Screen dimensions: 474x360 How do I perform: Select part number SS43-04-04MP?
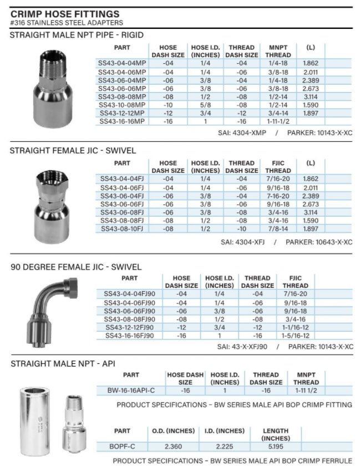point(122,64)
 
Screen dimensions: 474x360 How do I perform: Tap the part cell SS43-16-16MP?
point(122,121)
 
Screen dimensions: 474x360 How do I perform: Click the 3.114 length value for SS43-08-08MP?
point(310,96)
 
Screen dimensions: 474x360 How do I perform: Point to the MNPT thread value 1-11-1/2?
point(278,121)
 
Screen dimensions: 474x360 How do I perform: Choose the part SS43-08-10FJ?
point(122,228)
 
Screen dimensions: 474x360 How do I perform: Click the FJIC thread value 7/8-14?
point(278,228)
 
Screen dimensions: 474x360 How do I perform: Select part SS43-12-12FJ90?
point(130,327)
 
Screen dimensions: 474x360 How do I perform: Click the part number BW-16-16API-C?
point(131,390)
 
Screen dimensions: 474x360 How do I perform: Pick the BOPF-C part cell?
point(122,446)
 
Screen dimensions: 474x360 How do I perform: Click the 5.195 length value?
point(276,446)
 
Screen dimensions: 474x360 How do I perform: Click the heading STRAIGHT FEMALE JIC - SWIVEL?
point(73,150)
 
